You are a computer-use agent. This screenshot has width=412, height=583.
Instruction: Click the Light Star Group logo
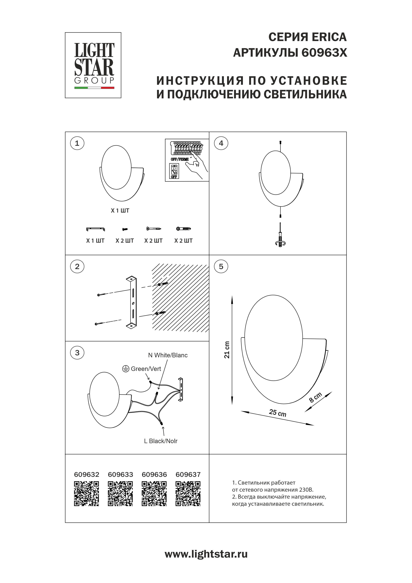tap(93, 65)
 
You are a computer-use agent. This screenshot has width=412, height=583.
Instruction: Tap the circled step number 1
tap(77, 143)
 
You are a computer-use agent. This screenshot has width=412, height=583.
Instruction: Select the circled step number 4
tap(221, 143)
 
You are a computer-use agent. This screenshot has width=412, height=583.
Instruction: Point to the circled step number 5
tap(221, 267)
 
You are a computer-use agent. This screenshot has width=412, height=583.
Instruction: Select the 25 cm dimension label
tap(278, 413)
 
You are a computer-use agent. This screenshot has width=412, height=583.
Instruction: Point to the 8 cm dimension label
tap(315, 397)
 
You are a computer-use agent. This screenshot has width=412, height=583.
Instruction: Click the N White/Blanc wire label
tap(168, 355)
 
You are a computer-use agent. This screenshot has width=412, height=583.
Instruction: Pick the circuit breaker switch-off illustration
tap(187, 160)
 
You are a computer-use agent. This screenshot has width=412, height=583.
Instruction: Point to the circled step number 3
tap(77, 353)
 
